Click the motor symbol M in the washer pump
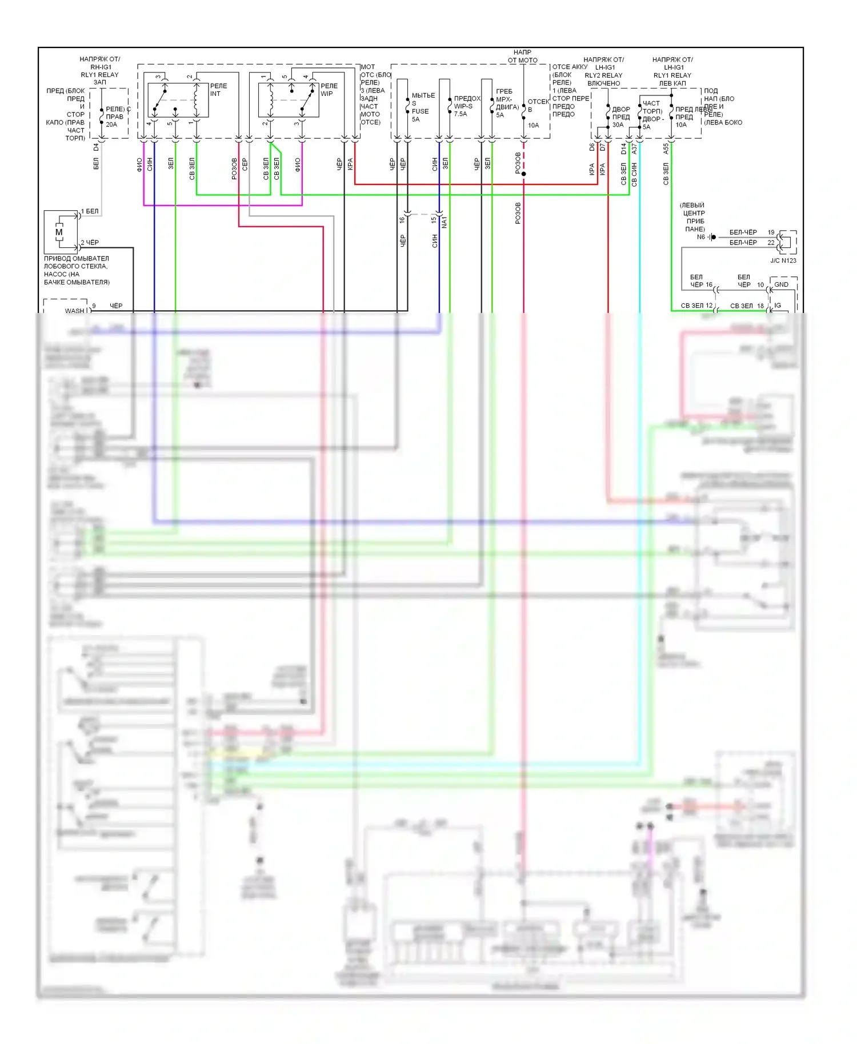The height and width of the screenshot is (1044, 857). [59, 232]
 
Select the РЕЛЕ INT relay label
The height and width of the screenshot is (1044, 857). [218, 90]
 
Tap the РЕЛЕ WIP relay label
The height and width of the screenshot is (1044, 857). [329, 90]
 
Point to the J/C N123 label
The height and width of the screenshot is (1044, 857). [783, 260]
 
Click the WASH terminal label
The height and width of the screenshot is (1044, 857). [74, 311]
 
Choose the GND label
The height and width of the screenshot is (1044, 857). [781, 284]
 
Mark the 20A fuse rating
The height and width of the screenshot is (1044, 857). [111, 125]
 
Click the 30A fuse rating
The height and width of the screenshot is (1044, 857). [618, 125]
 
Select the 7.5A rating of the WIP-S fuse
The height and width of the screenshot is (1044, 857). [460, 114]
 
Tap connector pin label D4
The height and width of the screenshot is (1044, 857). [96, 147]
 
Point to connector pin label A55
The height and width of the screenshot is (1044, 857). [666, 148]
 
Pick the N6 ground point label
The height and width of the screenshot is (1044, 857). [701, 237]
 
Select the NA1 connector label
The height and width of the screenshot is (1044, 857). [444, 222]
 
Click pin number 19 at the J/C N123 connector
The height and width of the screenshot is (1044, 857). [771, 232]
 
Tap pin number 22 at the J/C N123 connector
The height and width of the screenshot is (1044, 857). [771, 243]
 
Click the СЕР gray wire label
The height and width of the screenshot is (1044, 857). [245, 164]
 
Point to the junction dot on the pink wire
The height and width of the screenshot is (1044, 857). [523, 174]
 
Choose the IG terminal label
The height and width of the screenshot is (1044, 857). [778, 306]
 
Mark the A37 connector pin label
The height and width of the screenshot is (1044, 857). [634, 148]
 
